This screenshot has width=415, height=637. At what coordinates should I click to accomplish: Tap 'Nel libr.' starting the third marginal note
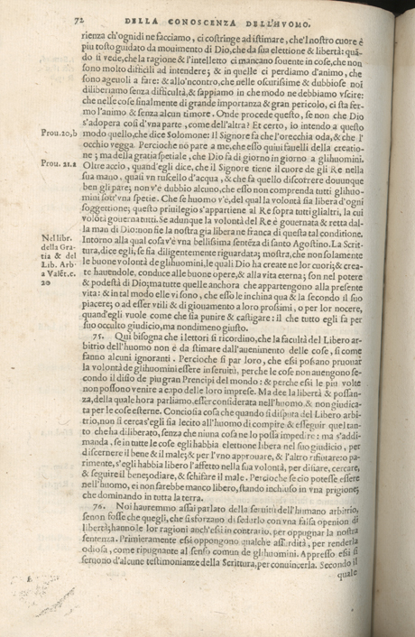click(57, 238)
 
